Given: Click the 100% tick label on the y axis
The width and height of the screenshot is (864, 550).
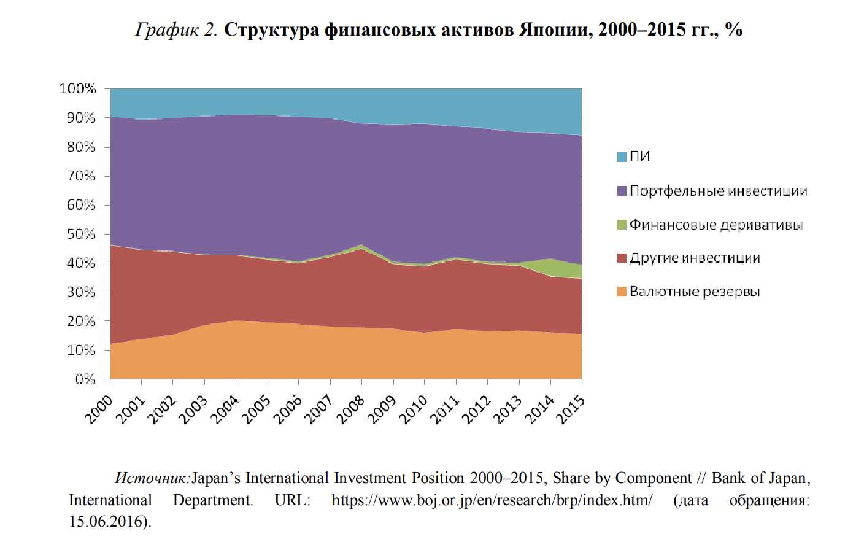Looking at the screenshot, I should [78, 88].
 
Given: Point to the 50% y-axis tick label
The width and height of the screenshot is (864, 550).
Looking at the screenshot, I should [81, 234].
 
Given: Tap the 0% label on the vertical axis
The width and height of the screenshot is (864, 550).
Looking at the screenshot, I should [85, 379].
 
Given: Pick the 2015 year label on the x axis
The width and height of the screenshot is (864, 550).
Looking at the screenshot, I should [571, 409].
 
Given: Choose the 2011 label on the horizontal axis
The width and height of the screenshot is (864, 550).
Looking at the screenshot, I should [445, 409].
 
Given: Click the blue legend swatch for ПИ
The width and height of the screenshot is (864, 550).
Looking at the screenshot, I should [622, 157].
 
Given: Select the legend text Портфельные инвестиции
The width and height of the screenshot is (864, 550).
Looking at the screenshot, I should [719, 191].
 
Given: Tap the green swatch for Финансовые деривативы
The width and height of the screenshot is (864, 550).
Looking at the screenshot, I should [622, 225].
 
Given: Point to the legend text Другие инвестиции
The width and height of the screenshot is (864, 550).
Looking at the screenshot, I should [695, 258].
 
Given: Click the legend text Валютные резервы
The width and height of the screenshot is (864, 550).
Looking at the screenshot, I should [695, 292].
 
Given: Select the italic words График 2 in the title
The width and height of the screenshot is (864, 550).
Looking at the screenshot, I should [176, 29].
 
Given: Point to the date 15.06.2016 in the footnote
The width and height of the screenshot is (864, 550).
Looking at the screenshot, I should [108, 522].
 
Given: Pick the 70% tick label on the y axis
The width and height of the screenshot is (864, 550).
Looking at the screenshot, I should [81, 176].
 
